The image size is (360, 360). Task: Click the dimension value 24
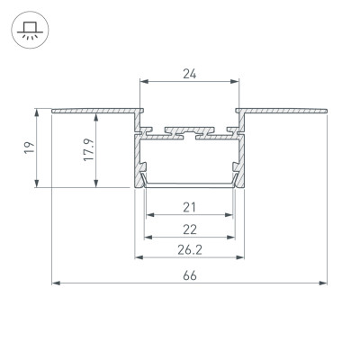click(x=189, y=75)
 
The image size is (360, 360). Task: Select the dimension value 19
click(x=29, y=148)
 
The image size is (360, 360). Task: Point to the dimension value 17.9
click(x=83, y=148)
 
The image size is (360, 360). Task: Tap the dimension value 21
click(x=189, y=207)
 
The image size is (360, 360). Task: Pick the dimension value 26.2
click(x=189, y=249)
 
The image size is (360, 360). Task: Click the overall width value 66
click(x=189, y=276)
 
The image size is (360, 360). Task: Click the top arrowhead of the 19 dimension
click(x=38, y=112)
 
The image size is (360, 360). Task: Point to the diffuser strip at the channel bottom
click(x=189, y=183)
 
